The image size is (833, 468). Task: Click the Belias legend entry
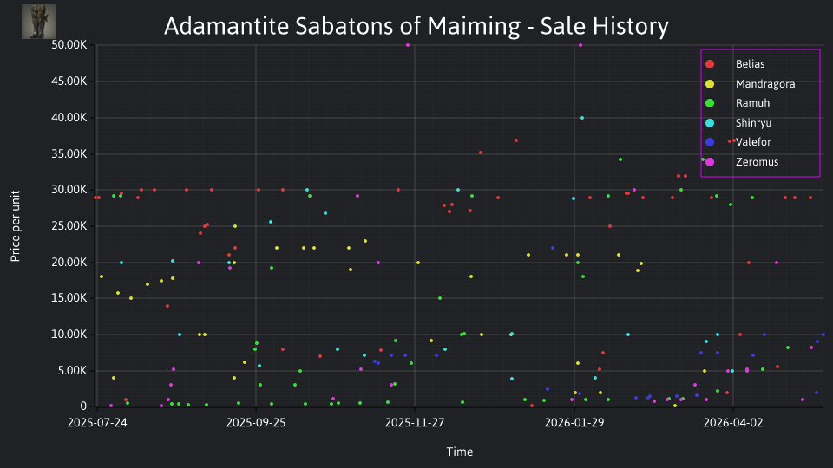[x=750, y=64]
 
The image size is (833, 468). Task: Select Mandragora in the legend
[x=765, y=84]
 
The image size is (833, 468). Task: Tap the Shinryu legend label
[x=753, y=123]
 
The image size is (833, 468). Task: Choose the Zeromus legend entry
[x=757, y=162]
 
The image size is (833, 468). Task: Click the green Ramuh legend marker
[x=710, y=103]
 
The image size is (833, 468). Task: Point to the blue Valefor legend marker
[x=710, y=142]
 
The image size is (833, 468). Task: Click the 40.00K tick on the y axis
[x=69, y=118]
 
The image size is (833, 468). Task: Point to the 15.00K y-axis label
[x=69, y=298]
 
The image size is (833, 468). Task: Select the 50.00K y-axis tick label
[x=69, y=45]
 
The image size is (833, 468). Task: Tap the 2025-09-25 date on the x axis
[x=255, y=423]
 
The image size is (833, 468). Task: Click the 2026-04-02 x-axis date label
[x=732, y=423]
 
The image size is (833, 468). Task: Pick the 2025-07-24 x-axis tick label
[x=97, y=423]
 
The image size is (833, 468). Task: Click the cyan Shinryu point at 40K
[x=582, y=118]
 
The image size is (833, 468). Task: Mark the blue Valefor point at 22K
[x=553, y=248]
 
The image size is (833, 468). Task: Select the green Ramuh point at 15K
[x=440, y=298]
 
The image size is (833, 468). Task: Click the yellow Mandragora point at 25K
[x=235, y=226]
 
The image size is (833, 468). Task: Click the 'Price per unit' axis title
[x=16, y=226]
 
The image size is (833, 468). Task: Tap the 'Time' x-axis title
[x=460, y=452]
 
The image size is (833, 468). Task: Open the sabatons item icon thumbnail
[x=39, y=22]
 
